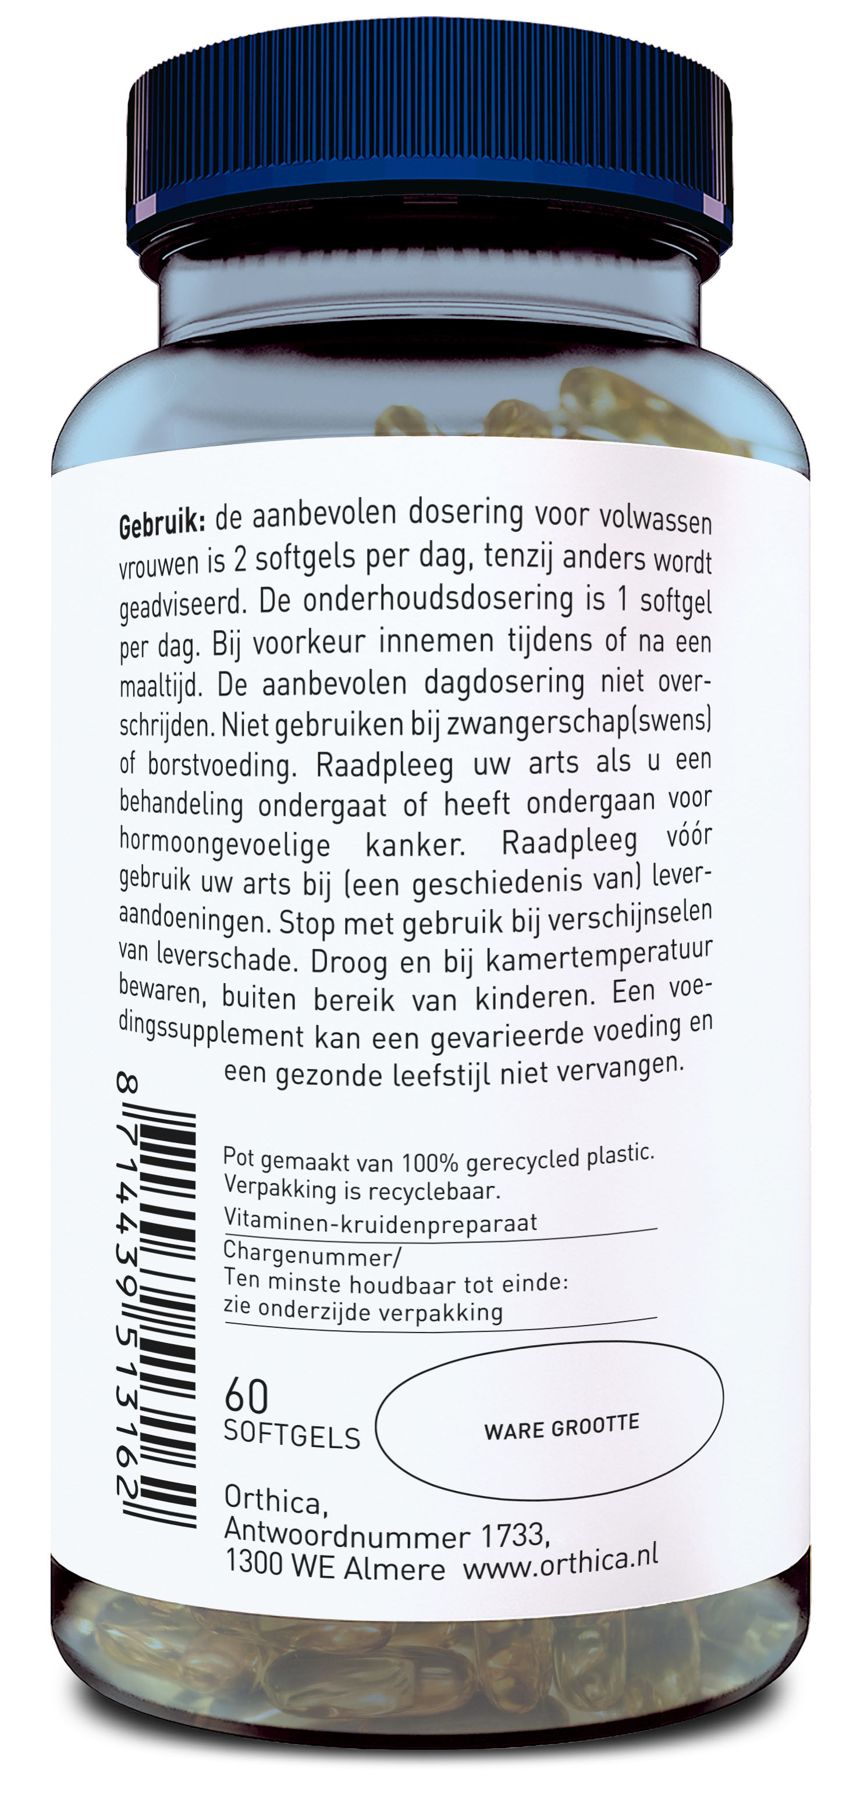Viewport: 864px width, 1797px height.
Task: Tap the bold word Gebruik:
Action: (161, 524)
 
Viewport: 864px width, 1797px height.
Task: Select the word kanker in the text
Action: (415, 845)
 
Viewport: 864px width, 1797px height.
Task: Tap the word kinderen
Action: (535, 997)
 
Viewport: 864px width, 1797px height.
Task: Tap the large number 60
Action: (246, 1396)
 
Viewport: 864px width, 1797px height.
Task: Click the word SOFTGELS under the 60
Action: (291, 1434)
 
